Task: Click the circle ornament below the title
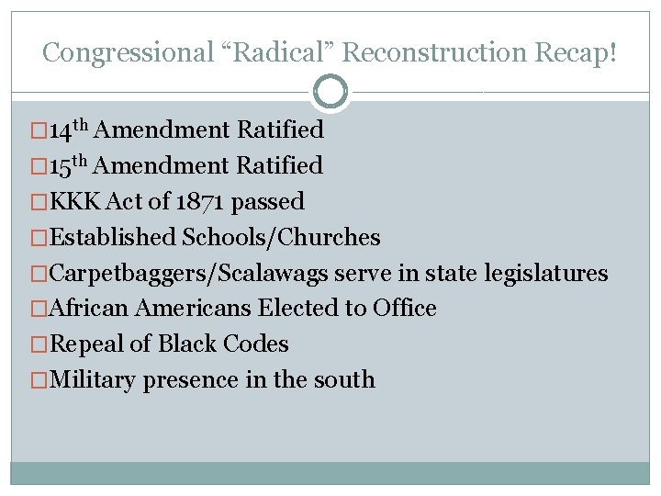[x=330, y=92]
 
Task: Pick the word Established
[x=113, y=237]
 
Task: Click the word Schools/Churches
[x=282, y=237]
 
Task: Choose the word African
[x=90, y=309]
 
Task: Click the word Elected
[x=298, y=309]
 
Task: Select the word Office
[x=405, y=309]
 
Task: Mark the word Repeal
[x=85, y=344]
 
